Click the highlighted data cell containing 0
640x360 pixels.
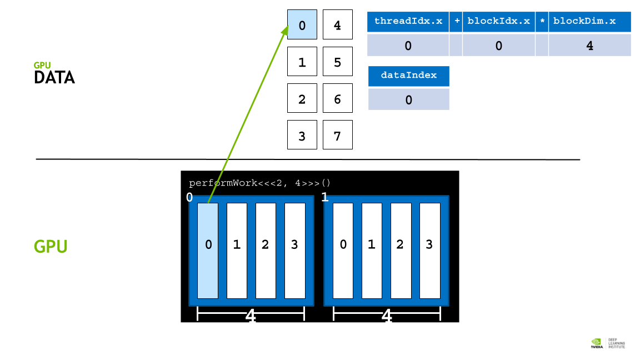[x=302, y=24]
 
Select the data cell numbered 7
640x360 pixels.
[x=338, y=134]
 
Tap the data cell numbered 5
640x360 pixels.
[x=338, y=61]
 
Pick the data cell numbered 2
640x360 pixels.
[x=302, y=98]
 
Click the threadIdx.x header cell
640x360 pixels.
[x=408, y=22]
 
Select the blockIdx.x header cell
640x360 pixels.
[x=498, y=22]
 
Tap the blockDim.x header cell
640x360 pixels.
[x=589, y=22]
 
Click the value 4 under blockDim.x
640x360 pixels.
[x=589, y=46]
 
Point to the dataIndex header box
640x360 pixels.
[x=408, y=76]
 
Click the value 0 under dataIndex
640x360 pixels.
[x=408, y=99]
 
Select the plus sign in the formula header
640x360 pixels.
[x=456, y=22]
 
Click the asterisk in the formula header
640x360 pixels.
[x=542, y=22]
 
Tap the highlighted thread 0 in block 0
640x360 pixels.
[x=208, y=251]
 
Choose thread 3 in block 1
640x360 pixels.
[x=430, y=251]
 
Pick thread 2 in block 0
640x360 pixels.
[x=266, y=251]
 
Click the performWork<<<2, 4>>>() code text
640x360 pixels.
[x=259, y=183]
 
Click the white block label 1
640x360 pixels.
[x=325, y=197]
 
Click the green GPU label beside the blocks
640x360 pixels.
[x=51, y=247]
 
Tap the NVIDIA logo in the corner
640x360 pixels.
[x=596, y=343]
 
